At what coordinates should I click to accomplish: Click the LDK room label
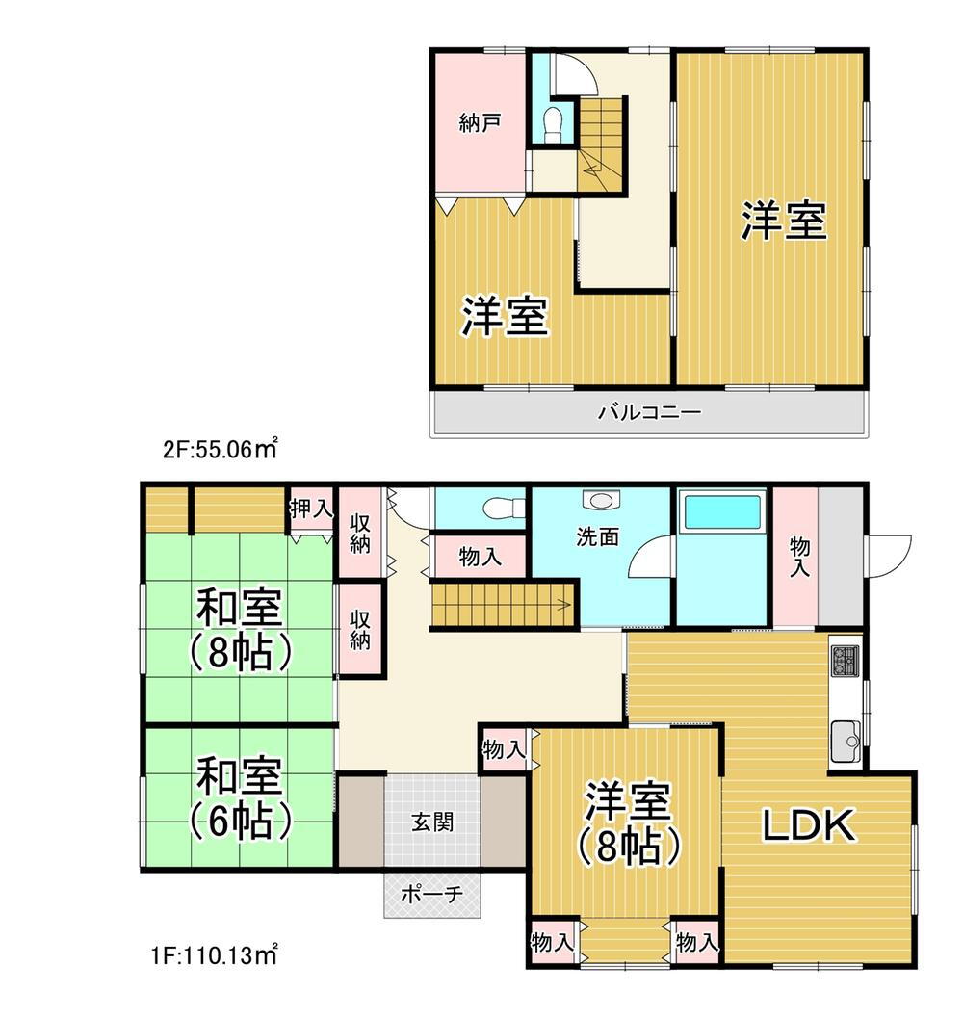coord(809,826)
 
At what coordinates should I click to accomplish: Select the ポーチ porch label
coord(430,895)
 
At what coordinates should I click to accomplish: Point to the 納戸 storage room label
coord(479,124)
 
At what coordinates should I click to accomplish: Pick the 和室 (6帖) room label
coord(240,797)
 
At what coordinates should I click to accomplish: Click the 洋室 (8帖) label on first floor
coord(629,823)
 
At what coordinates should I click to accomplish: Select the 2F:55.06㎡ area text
coord(220,448)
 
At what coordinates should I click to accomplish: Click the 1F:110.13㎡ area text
coord(215,956)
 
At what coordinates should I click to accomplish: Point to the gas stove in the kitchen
coord(846,661)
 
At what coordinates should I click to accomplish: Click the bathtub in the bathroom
coord(722,510)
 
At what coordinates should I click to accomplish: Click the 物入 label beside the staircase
coord(479,557)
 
